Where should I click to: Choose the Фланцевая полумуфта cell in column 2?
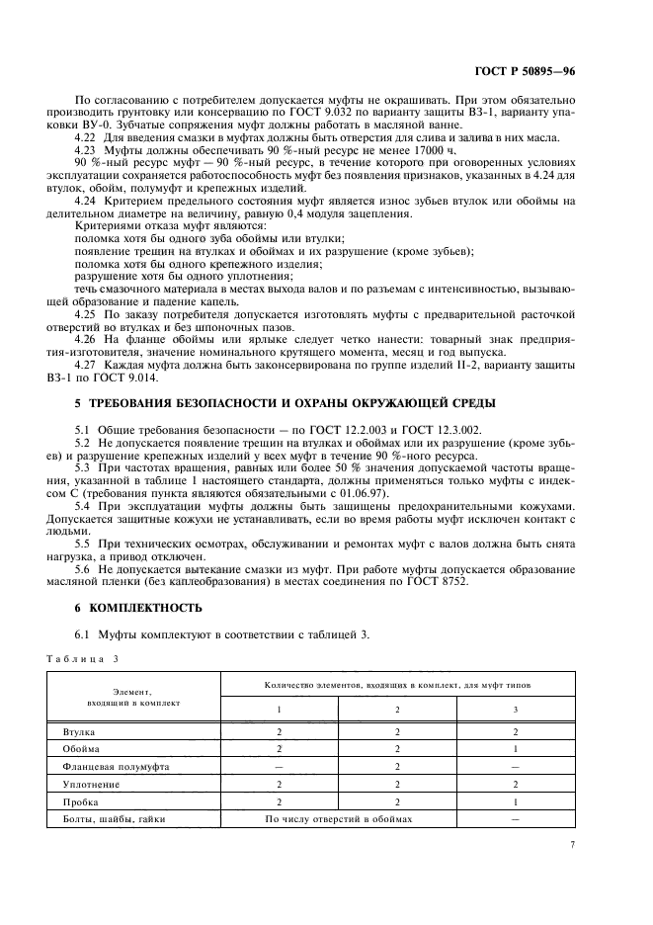click(397, 765)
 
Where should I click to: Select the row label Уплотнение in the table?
click(92, 784)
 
